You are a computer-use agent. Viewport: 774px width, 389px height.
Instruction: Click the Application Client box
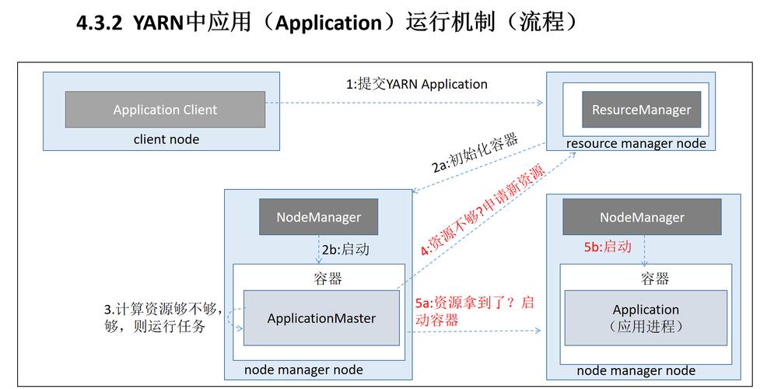165,110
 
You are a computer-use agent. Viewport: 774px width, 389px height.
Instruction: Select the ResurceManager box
641,110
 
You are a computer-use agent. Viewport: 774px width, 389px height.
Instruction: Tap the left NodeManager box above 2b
319,216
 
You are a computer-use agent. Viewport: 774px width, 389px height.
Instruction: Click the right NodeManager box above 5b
642,217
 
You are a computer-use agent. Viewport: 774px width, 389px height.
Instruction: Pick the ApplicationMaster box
321,317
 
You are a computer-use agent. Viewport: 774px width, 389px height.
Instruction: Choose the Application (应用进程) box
646,317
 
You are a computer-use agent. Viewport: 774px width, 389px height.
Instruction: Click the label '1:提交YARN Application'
417,84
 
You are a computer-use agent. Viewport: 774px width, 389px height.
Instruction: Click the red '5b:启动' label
608,247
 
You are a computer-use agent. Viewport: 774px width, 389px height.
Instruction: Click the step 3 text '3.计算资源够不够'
163,307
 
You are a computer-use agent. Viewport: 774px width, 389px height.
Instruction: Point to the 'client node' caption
166,139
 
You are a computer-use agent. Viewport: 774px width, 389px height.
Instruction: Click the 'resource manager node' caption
636,143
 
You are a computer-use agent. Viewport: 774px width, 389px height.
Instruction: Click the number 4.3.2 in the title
101,23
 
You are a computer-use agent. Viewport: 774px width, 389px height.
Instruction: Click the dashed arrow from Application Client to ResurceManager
405,102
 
